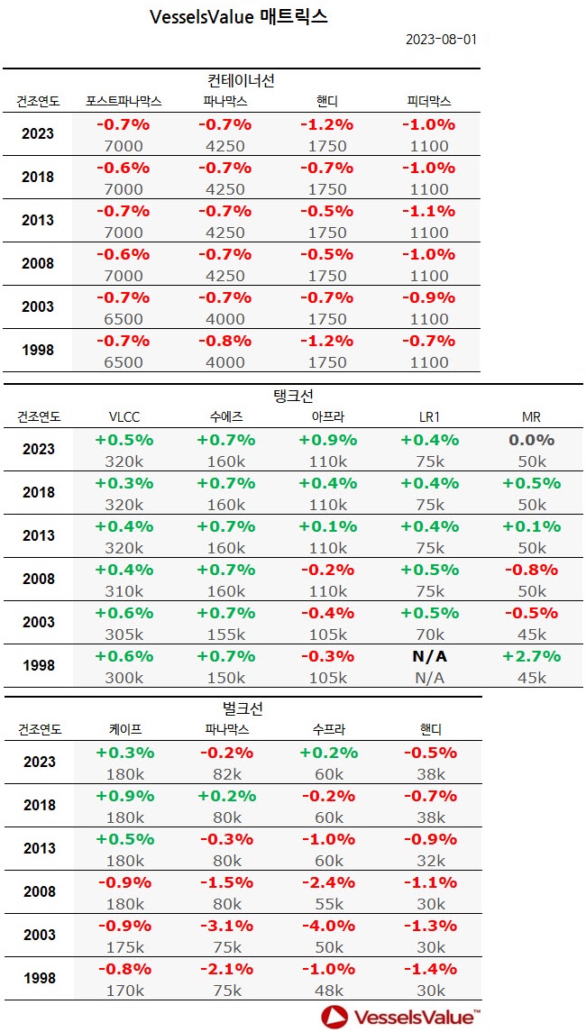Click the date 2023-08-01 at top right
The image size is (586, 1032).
click(441, 40)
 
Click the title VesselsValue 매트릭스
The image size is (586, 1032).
click(238, 17)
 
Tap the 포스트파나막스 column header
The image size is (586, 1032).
click(124, 101)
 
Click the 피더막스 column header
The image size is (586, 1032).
click(428, 101)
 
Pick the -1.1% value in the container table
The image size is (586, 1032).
click(428, 211)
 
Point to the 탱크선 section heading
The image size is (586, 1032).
click(292, 396)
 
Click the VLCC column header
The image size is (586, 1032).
click(124, 416)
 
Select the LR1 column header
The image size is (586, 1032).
click(429, 416)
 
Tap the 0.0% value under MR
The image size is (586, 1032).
click(531, 440)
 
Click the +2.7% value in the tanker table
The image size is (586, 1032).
click(531, 656)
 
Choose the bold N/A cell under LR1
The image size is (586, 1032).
click(429, 656)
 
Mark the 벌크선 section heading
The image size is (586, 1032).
click(241, 708)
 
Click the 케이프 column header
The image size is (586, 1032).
click(124, 729)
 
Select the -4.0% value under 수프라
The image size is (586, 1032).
click(328, 926)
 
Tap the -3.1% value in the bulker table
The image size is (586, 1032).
click(225, 926)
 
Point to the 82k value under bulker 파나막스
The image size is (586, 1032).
click(225, 774)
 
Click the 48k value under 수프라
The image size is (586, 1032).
click(328, 991)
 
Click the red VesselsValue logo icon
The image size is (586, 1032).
click(334, 1018)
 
